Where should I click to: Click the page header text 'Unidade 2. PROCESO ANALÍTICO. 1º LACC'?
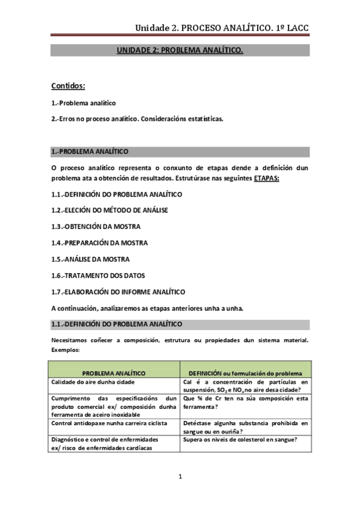click(x=222, y=28)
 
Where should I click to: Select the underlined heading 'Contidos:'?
click(x=68, y=86)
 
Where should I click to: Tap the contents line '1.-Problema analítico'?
click(x=84, y=103)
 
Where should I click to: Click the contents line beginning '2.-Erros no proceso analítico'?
click(x=138, y=119)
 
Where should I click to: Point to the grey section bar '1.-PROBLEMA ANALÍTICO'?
click(x=90, y=152)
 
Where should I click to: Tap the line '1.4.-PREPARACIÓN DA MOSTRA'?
click(x=99, y=243)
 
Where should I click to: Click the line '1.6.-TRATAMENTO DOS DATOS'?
click(x=98, y=275)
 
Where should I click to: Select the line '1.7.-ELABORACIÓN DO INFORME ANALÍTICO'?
click(x=118, y=292)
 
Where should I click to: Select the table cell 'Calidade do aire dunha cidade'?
click(x=93, y=382)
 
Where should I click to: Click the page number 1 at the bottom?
click(x=180, y=477)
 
